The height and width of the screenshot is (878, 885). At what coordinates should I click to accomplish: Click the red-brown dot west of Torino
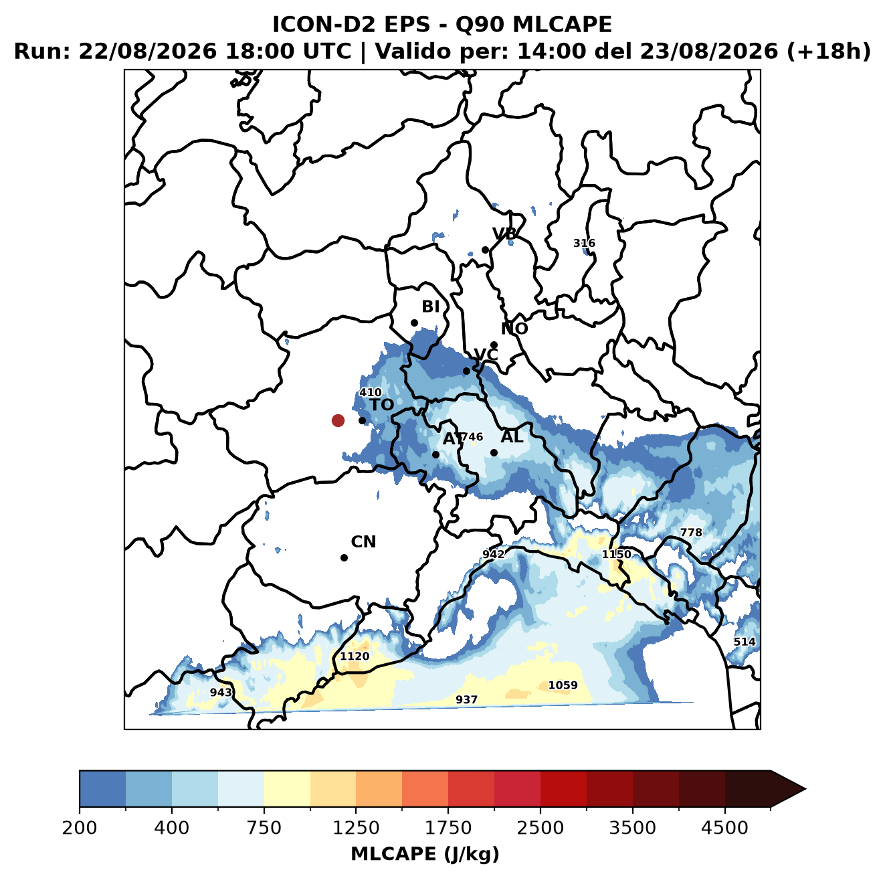(x=338, y=420)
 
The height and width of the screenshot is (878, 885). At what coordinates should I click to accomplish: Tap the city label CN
(x=363, y=542)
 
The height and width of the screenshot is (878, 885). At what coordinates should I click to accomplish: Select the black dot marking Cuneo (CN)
(x=344, y=557)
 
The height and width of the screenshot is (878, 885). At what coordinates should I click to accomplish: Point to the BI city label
(x=430, y=306)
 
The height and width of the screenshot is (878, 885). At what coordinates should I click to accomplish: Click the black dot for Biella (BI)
(x=414, y=323)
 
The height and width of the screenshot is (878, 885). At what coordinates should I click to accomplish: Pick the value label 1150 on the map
(x=616, y=555)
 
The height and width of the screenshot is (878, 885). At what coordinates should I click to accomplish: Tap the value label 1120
(x=354, y=656)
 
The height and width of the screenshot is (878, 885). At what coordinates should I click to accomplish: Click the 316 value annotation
(x=584, y=243)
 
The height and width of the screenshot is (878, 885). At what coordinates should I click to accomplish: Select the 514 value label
(x=744, y=642)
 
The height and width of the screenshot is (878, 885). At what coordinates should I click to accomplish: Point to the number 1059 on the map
(x=563, y=685)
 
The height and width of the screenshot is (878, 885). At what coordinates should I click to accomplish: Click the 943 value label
(x=221, y=693)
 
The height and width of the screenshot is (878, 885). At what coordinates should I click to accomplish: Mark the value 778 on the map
(x=691, y=533)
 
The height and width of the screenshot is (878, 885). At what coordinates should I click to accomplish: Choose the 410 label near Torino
(x=370, y=392)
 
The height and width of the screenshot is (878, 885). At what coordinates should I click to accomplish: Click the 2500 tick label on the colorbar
(x=540, y=828)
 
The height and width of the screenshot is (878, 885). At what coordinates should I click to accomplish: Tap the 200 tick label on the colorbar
(x=80, y=828)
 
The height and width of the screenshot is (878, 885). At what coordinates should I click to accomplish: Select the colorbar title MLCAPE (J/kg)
(x=425, y=854)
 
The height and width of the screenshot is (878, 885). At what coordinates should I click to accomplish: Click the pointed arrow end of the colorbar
(x=805, y=789)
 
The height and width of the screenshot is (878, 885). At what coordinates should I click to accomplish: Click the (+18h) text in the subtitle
(x=828, y=52)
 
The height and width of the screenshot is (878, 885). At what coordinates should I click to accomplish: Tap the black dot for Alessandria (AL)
(x=494, y=452)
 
